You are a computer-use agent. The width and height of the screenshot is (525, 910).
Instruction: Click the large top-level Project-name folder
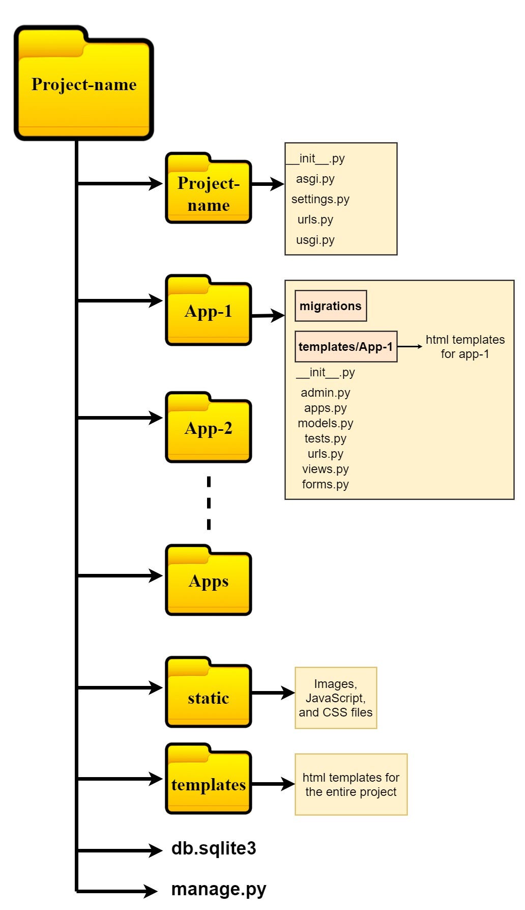[84, 84]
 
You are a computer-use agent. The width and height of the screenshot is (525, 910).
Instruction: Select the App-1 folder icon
[209, 311]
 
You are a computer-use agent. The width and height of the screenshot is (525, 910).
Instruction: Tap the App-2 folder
[209, 428]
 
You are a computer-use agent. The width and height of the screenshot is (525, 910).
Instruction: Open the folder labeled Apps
[209, 581]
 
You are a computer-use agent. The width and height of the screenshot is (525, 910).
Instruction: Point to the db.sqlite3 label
[214, 848]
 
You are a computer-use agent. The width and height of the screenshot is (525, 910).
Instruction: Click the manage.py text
[219, 889]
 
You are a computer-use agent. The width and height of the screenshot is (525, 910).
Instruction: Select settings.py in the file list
[320, 199]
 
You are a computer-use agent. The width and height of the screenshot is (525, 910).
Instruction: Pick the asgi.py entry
[315, 179]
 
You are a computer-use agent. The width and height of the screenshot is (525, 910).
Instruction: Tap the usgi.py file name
[315, 240]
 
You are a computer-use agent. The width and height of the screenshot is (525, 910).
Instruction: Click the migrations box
[331, 306]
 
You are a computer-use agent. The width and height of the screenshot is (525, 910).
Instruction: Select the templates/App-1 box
[346, 347]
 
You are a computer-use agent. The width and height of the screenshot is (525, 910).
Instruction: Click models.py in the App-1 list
[326, 423]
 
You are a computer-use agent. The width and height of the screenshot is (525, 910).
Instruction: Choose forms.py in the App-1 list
[326, 484]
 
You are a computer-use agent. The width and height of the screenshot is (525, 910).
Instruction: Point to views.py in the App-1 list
[326, 469]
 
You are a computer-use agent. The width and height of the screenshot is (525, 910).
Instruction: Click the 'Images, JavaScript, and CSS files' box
[336, 698]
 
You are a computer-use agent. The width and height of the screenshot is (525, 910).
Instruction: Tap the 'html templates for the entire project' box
[351, 784]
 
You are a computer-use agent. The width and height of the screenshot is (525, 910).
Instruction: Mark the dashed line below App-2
[209, 503]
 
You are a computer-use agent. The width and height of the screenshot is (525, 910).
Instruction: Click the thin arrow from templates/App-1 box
[410, 346]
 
